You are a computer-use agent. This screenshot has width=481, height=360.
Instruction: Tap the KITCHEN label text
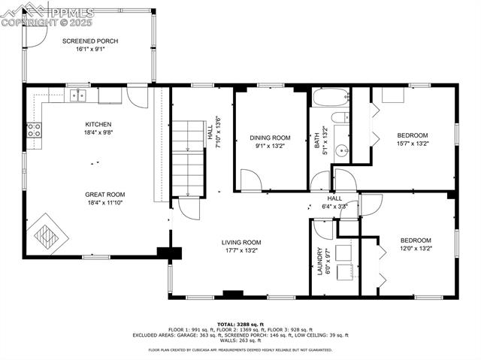pos(98,124)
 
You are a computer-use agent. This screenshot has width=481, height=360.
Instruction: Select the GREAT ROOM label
pos(104,194)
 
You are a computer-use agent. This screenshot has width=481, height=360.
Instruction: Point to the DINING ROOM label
pos(270,138)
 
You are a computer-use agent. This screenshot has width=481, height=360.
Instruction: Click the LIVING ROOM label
pos(241,242)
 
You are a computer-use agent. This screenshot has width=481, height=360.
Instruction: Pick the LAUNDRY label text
pos(319,262)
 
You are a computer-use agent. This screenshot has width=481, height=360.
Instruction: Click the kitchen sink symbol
pos(77,95)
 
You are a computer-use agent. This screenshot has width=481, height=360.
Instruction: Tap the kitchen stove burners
pos(35,130)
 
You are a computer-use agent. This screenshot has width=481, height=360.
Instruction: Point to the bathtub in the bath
pos(330,97)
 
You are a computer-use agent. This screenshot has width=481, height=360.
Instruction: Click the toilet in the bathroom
pos(340,116)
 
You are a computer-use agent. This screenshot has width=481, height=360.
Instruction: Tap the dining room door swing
pos(250,180)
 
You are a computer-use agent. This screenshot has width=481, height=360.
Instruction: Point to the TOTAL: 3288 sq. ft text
pos(240,322)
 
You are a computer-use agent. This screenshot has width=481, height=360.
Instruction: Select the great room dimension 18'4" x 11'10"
pos(104,202)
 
